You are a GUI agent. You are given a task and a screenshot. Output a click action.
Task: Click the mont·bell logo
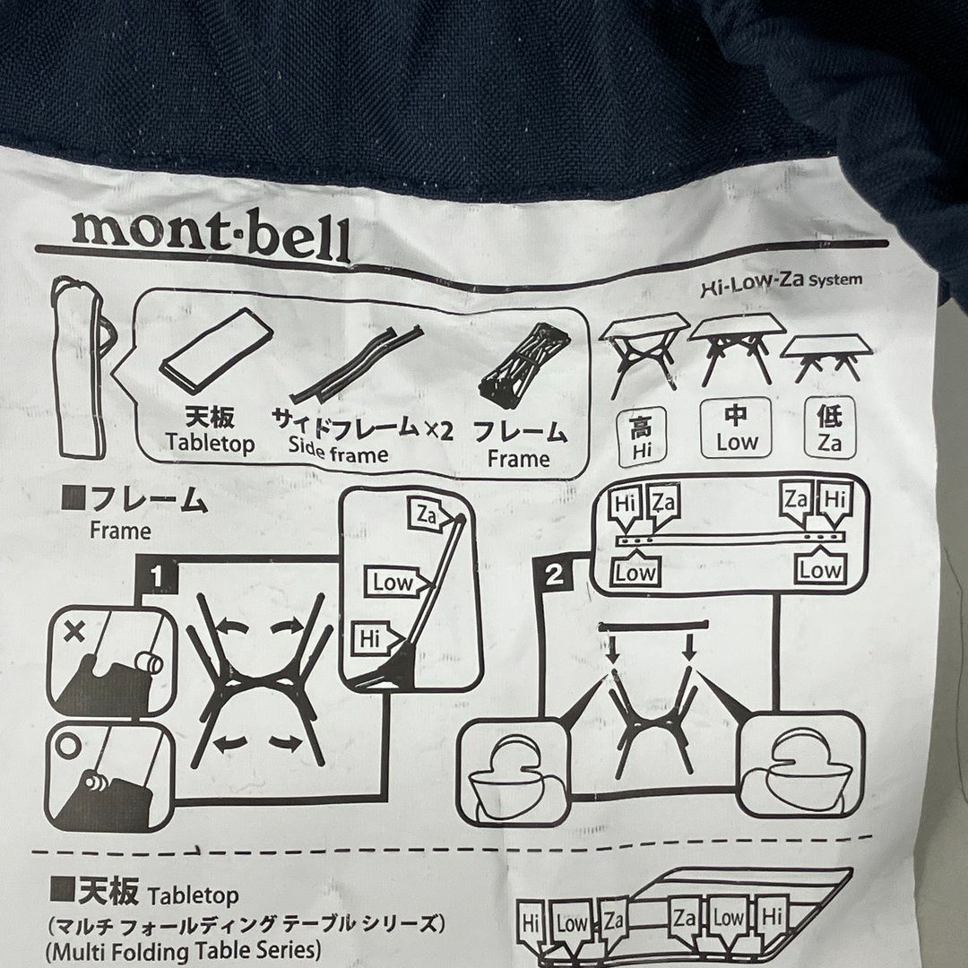[x=212, y=234]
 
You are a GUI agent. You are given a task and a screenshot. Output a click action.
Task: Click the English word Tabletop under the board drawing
[x=210, y=444]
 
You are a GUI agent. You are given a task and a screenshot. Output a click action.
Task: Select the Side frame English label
[x=339, y=454]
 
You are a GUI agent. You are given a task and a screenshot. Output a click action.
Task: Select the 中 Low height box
[x=736, y=428]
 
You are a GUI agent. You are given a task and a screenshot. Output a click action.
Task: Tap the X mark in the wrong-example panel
[x=75, y=633]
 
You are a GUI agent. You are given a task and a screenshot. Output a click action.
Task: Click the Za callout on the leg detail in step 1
[x=426, y=514]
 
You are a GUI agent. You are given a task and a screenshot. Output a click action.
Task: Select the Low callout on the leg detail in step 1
[x=393, y=583]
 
